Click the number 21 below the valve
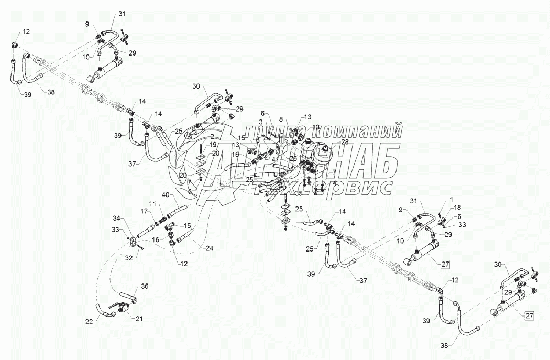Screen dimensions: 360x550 pos(139,318)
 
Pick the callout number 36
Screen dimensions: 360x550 pos(145,286)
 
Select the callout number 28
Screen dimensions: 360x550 pos(344,142)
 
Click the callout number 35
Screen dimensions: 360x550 pos(299,193)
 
